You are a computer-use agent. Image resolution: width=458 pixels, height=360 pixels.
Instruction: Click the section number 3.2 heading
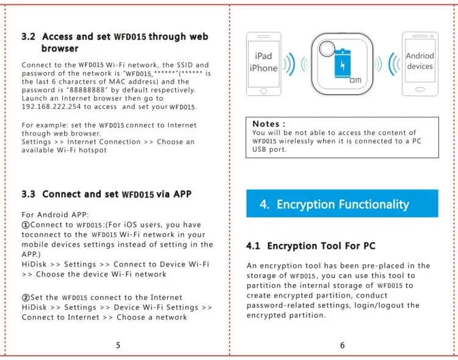pos(29,37)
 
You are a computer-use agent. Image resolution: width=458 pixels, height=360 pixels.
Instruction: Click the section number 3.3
pos(29,194)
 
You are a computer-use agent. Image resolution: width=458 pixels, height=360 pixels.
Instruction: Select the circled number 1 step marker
pos(26,225)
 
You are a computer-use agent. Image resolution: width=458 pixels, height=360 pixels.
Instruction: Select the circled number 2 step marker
pos(26,298)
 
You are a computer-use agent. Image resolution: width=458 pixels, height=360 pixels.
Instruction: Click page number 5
pos(118,345)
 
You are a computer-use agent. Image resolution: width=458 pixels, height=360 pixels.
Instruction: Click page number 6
pos(342,345)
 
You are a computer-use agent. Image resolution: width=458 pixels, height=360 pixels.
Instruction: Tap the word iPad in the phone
pos(263,56)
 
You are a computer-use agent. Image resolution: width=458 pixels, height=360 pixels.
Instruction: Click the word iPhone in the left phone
pos(263,68)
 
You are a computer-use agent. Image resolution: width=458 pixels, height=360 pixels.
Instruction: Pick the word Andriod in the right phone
pos(420,56)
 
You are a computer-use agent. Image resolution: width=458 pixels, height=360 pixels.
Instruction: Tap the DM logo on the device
pos(355,79)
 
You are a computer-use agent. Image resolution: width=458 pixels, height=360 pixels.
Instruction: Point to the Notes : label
pos(269,123)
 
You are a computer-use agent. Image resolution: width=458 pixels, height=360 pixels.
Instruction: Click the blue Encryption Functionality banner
pos(342,204)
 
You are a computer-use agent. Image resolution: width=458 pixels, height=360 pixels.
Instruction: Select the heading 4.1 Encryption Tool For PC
pos(311,246)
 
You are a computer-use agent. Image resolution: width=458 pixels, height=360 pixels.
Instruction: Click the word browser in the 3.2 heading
pos(60,48)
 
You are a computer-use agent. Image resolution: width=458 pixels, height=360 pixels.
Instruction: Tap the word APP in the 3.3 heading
pos(181,194)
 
